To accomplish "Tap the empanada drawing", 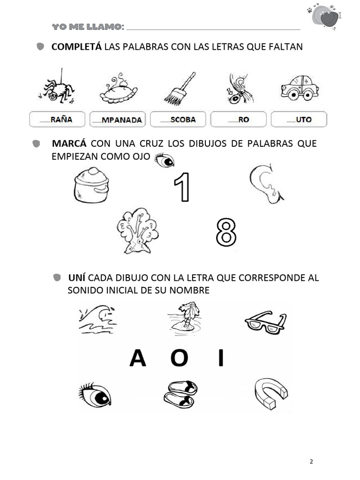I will pyautogui.click(x=117, y=89).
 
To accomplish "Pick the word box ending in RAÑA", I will pyautogui.click(x=57, y=120).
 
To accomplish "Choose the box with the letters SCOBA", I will pyautogui.click(x=179, y=120).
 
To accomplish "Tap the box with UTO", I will pyautogui.click(x=299, y=120).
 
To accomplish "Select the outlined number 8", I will pyautogui.click(x=226, y=232).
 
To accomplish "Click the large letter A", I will pyautogui.click(x=138, y=359).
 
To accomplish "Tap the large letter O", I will pyautogui.click(x=179, y=359).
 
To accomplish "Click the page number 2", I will pyautogui.click(x=311, y=462).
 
